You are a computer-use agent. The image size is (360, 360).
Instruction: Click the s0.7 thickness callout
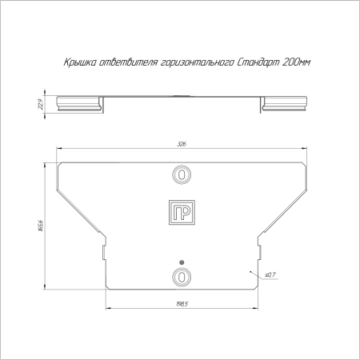[x=269, y=274]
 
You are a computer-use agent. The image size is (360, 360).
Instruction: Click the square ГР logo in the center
[x=182, y=212]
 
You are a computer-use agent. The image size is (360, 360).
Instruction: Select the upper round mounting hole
[x=182, y=174]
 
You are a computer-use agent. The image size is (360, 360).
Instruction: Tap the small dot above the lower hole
[x=182, y=263]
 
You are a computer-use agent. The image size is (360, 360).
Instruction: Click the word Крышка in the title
[x=78, y=62]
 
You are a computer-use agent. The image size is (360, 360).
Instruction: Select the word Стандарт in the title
[x=258, y=62]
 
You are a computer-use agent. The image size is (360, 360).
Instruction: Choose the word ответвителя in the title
[x=127, y=62]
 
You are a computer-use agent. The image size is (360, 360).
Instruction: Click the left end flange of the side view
[x=79, y=102]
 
